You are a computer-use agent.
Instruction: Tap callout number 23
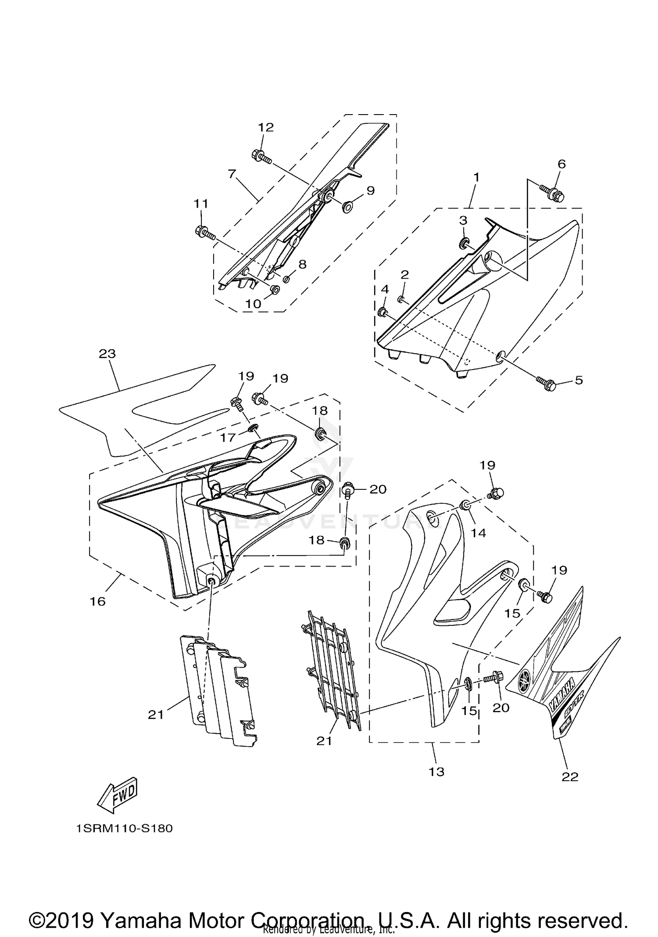pyautogui.click(x=107, y=353)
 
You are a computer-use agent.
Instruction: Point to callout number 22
pyautogui.click(x=570, y=777)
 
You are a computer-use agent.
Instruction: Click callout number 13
pyautogui.click(x=436, y=771)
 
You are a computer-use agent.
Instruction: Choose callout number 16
pyautogui.click(x=98, y=601)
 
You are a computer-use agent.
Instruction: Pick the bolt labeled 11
pyautogui.click(x=204, y=232)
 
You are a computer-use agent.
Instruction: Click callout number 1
pyautogui.click(x=476, y=177)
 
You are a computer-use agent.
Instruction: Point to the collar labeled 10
pyautogui.click(x=275, y=290)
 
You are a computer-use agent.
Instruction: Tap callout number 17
pyautogui.click(x=228, y=437)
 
